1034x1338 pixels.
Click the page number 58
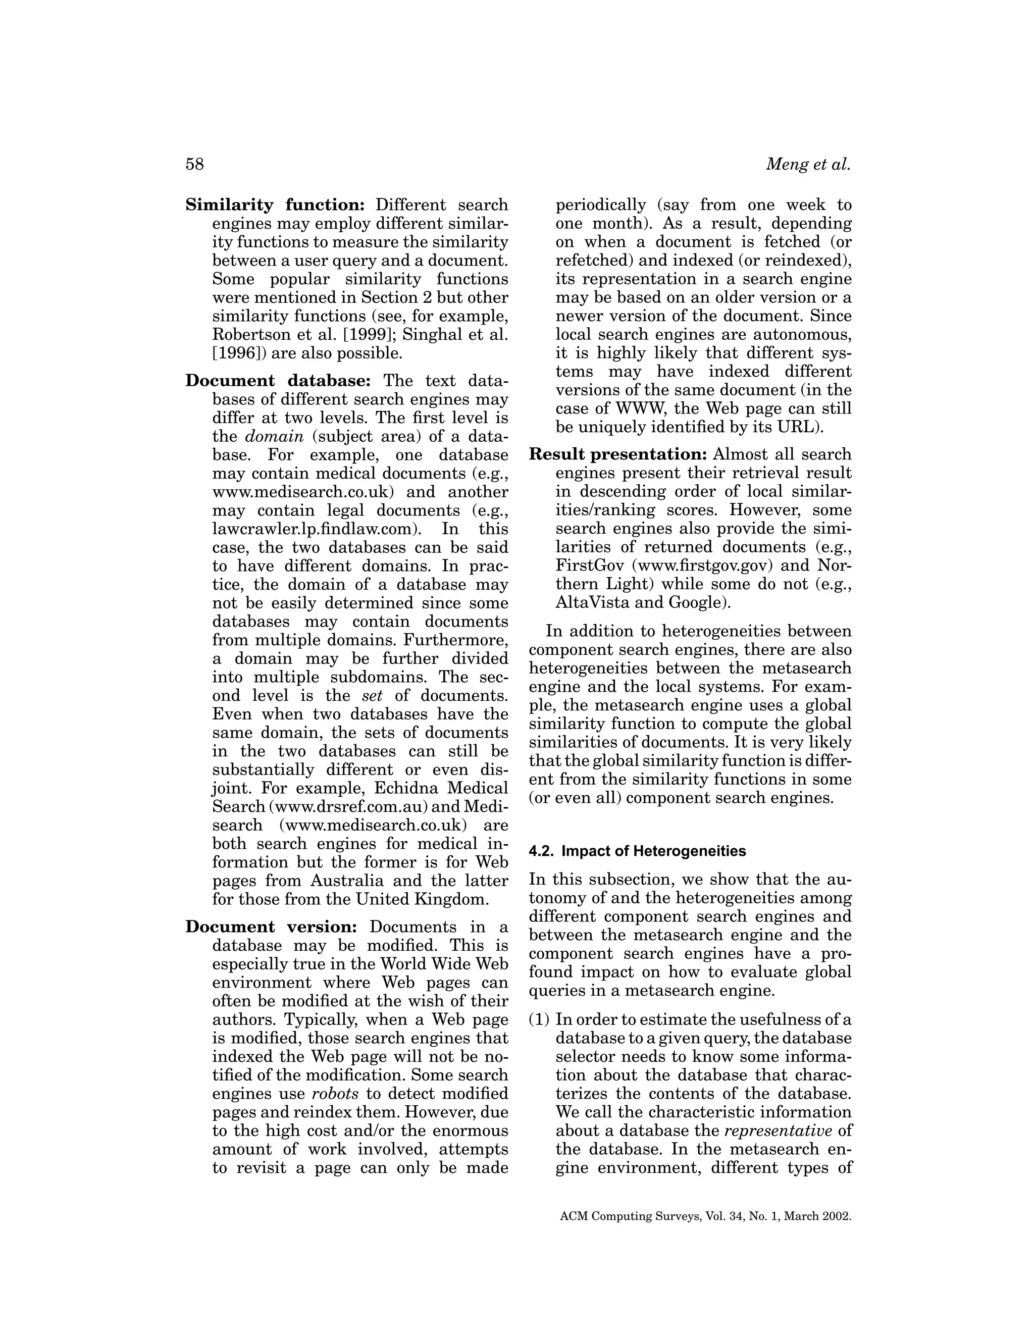click(x=194, y=164)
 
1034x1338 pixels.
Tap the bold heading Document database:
click(x=278, y=381)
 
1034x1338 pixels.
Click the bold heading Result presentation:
click(x=618, y=454)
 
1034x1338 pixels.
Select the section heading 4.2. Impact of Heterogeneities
click(x=637, y=851)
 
